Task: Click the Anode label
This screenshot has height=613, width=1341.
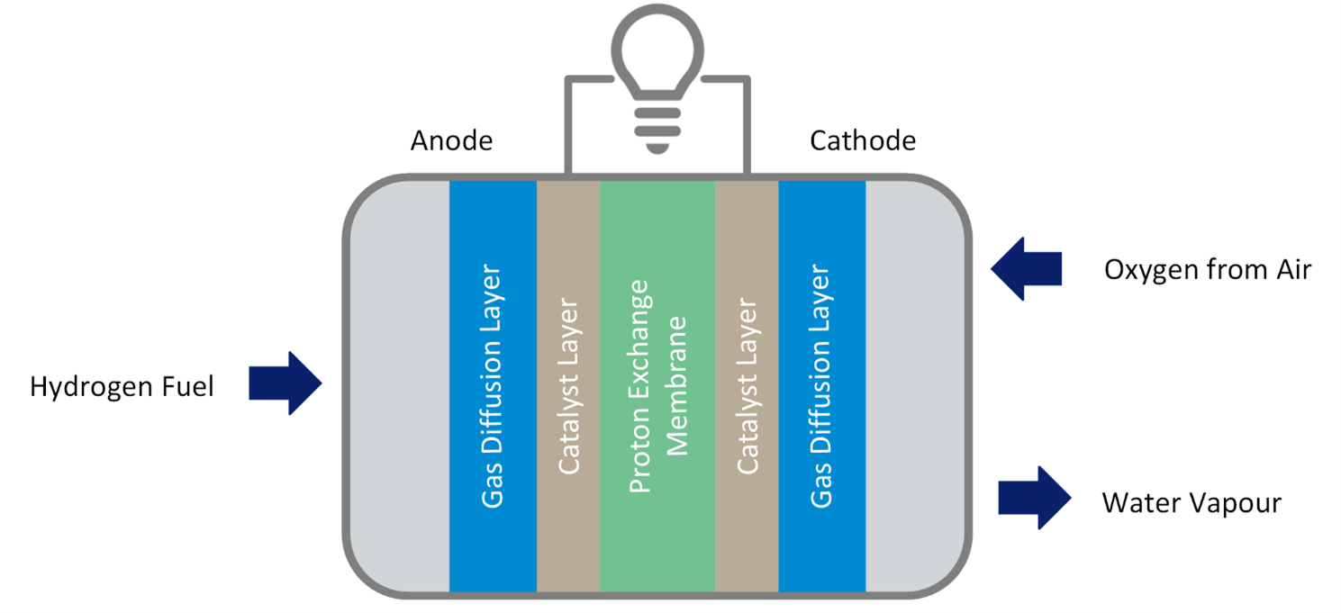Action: click(451, 141)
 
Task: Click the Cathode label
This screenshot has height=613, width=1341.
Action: click(863, 141)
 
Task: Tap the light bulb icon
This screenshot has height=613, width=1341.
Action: click(657, 77)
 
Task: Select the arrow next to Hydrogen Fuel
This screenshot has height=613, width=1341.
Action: click(285, 383)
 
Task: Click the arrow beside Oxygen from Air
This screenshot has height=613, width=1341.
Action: click(1027, 268)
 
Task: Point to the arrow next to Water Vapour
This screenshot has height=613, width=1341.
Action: click(1034, 498)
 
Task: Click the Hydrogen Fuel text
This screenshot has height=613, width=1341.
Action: click(122, 387)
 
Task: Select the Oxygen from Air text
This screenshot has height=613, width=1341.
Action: click(1207, 269)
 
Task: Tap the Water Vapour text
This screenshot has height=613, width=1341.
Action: click(1191, 502)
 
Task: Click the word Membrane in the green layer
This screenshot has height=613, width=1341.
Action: click(676, 385)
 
